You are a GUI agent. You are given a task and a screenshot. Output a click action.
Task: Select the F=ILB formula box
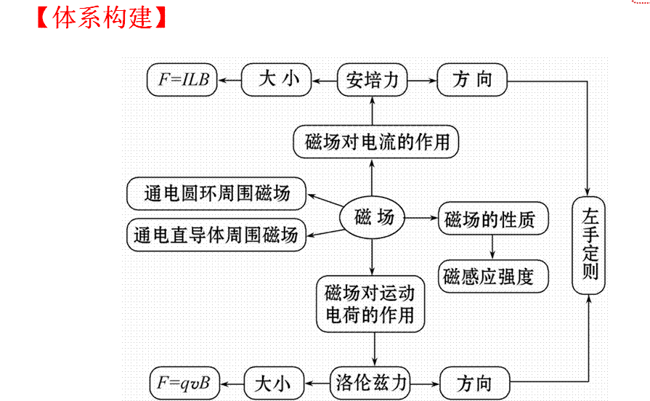click(183, 80)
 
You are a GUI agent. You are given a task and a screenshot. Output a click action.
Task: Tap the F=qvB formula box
click(184, 382)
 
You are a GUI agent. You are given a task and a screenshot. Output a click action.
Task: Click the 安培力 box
click(373, 80)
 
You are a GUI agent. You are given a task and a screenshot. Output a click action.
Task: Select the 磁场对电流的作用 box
click(377, 142)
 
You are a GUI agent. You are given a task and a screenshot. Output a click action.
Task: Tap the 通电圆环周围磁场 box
click(216, 193)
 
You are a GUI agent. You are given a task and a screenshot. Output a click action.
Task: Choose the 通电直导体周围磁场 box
click(216, 235)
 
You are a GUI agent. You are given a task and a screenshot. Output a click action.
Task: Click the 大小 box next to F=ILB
click(277, 80)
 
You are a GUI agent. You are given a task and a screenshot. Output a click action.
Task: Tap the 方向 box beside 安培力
click(472, 80)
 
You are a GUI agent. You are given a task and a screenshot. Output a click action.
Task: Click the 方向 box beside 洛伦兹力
click(475, 382)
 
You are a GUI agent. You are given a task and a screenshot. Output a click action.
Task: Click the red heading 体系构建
click(102, 16)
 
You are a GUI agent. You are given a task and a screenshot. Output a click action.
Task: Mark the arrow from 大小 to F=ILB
click(230, 80)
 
